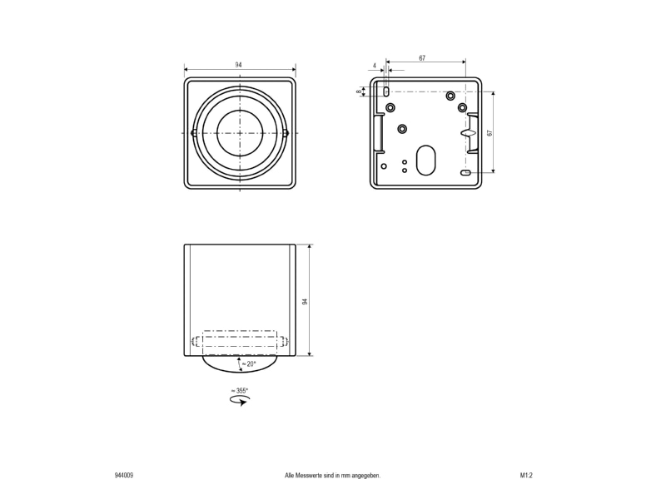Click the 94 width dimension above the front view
(239, 65)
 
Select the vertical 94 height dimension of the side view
(305, 301)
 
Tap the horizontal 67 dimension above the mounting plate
(422, 58)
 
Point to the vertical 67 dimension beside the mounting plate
(490, 133)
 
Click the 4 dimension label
(374, 66)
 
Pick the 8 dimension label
(359, 91)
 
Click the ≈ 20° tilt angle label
(249, 363)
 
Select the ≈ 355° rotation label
(240, 390)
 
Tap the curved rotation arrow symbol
(240, 401)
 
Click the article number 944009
(123, 475)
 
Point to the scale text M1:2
(526, 475)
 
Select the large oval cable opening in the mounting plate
(425, 161)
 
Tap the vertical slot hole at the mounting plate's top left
(386, 91)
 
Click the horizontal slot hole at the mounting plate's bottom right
(465, 172)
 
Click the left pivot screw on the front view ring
(194, 133)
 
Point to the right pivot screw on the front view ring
(286, 133)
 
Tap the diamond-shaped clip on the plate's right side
(467, 133)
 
